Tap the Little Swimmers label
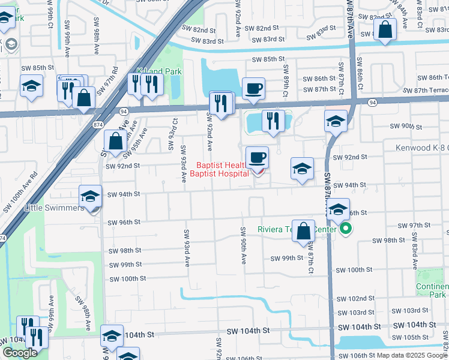point(54,208)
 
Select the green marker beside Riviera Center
point(346,229)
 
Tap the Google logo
point(20,353)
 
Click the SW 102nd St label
point(355,298)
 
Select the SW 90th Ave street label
point(244,246)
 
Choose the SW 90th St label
point(408,126)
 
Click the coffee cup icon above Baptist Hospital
point(258,158)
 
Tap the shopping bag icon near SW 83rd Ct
point(385,28)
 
